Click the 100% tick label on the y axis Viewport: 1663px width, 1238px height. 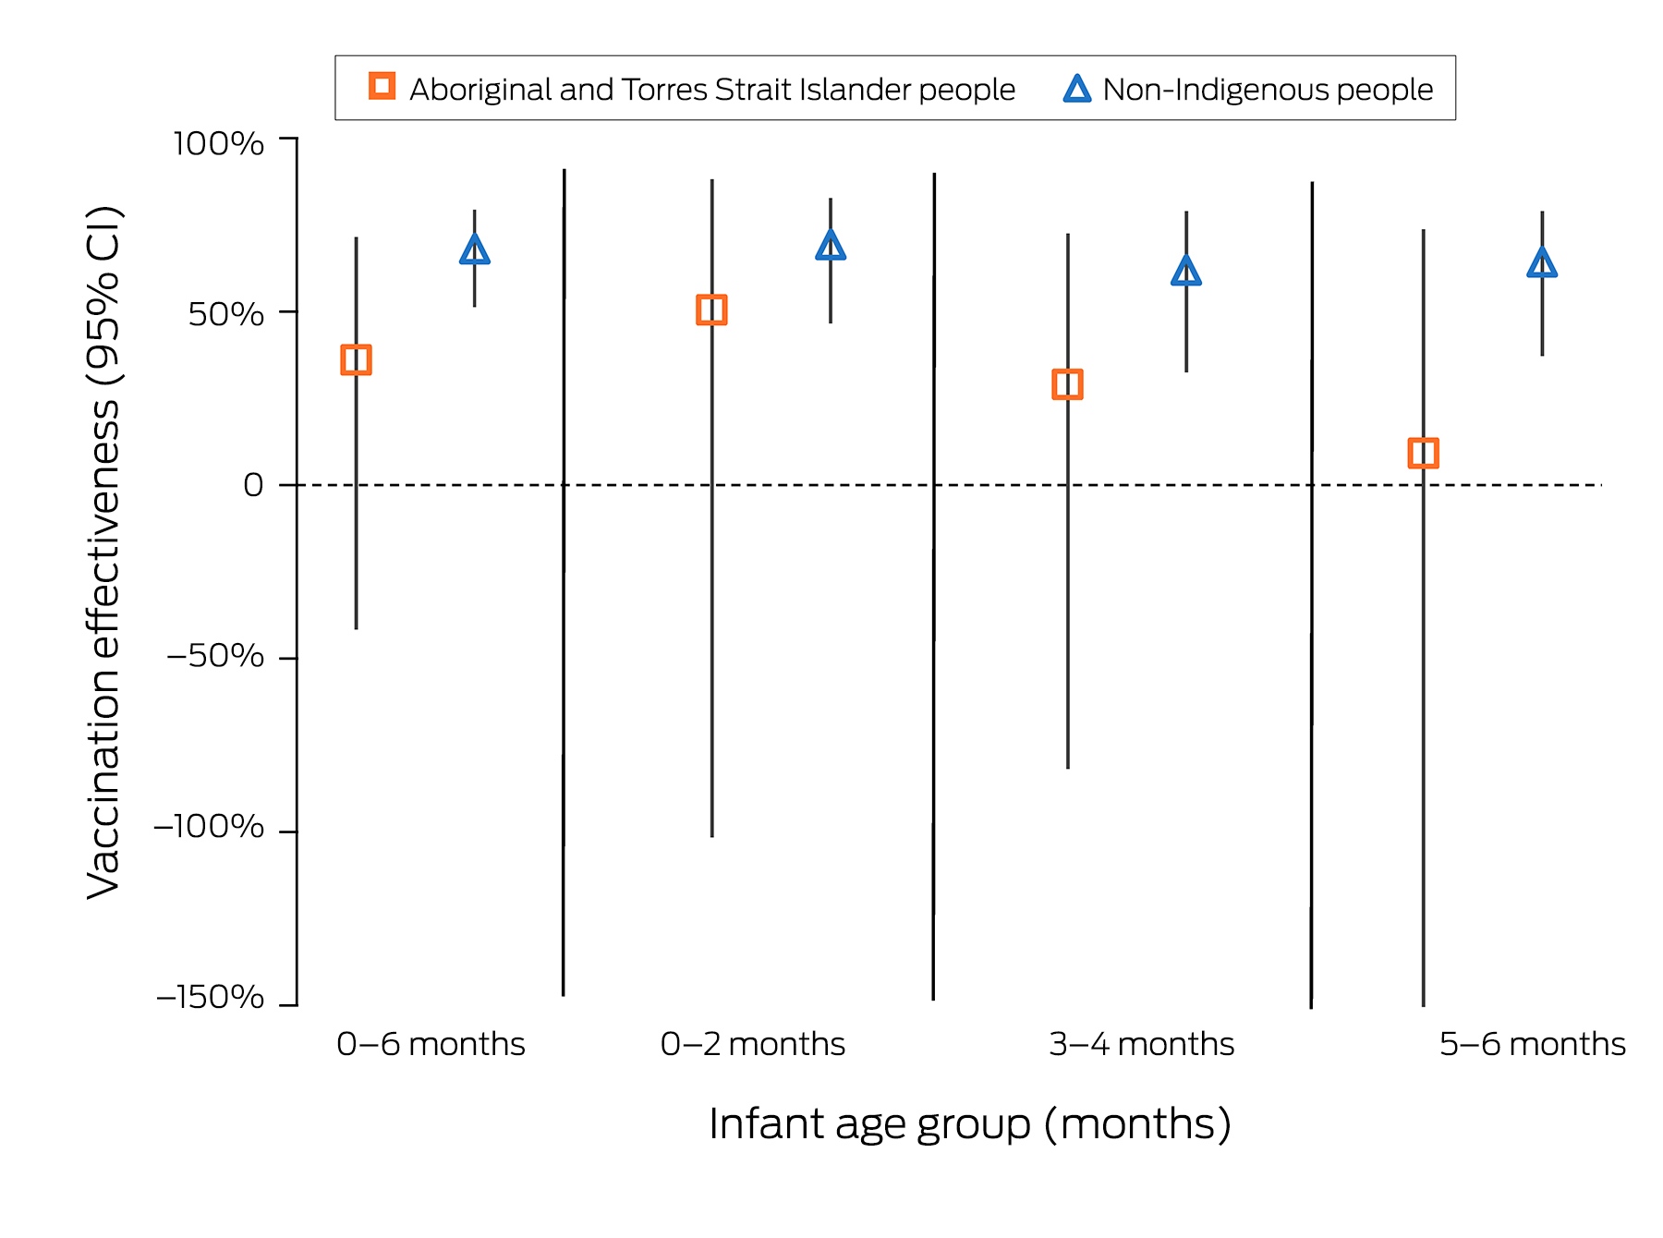[x=219, y=143]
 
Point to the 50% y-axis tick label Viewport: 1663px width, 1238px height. [x=226, y=314]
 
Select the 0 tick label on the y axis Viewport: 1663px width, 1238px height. [x=253, y=484]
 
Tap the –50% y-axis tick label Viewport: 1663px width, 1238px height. [x=215, y=656]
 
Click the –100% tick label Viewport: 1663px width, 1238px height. [x=209, y=826]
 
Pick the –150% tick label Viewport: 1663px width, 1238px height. [x=211, y=997]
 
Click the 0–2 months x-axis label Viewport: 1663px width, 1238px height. [x=753, y=1044]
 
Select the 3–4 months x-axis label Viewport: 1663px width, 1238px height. [x=1142, y=1044]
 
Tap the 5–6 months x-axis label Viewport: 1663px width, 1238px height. [x=1533, y=1044]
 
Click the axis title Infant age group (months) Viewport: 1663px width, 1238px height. [x=970, y=1124]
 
